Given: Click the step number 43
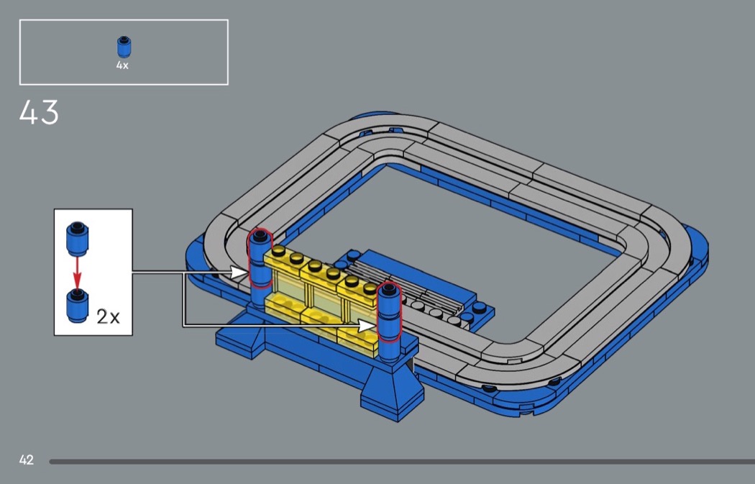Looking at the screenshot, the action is pyautogui.click(x=39, y=112).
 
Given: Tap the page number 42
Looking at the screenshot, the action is pyautogui.click(x=27, y=460).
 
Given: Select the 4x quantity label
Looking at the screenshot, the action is pyautogui.click(x=122, y=65).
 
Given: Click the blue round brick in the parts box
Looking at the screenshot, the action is pyautogui.click(x=124, y=47).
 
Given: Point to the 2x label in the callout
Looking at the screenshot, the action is pyautogui.click(x=108, y=316).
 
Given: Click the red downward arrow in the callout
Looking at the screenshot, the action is pyautogui.click(x=77, y=273).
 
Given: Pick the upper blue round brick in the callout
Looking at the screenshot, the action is pyautogui.click(x=78, y=239).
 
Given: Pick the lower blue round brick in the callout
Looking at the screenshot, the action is pyautogui.click(x=78, y=306).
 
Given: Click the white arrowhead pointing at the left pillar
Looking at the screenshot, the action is pyautogui.click(x=238, y=273).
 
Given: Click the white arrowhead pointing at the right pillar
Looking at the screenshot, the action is pyautogui.click(x=367, y=326).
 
